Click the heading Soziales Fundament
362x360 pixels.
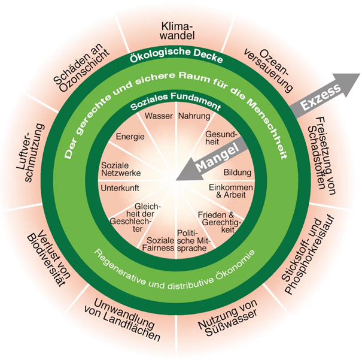[x=175, y=106]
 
